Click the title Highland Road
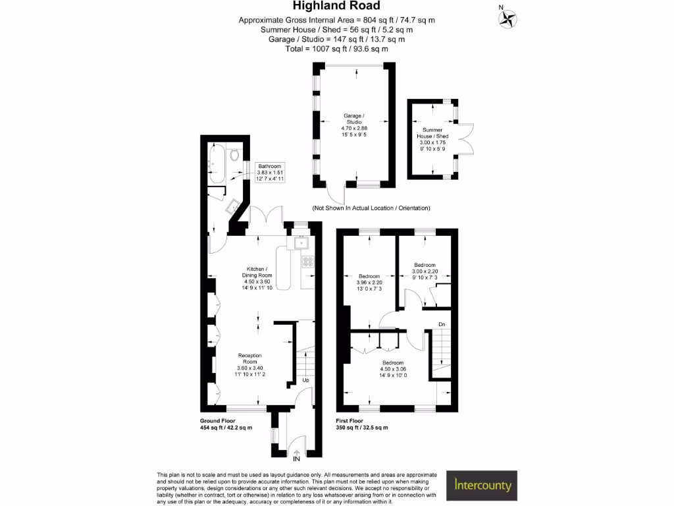tap(336, 5)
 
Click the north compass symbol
tap(507, 18)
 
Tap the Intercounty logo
tap(481, 486)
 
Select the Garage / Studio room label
tap(353, 119)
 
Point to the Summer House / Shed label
tap(432, 133)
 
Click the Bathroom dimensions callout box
tap(269, 172)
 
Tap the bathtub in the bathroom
tap(216, 163)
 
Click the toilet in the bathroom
tap(234, 154)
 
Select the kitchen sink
tap(301, 243)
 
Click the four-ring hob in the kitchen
tap(308, 262)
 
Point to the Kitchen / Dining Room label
tap(257, 272)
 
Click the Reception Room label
tap(249, 358)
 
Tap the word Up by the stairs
tap(305, 380)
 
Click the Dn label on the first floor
tap(442, 324)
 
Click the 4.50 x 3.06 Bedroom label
tap(393, 369)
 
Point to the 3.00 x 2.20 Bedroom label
tap(425, 271)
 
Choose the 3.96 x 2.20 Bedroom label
tap(369, 282)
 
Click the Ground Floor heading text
tap(217, 421)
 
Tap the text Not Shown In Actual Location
tap(354, 208)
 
